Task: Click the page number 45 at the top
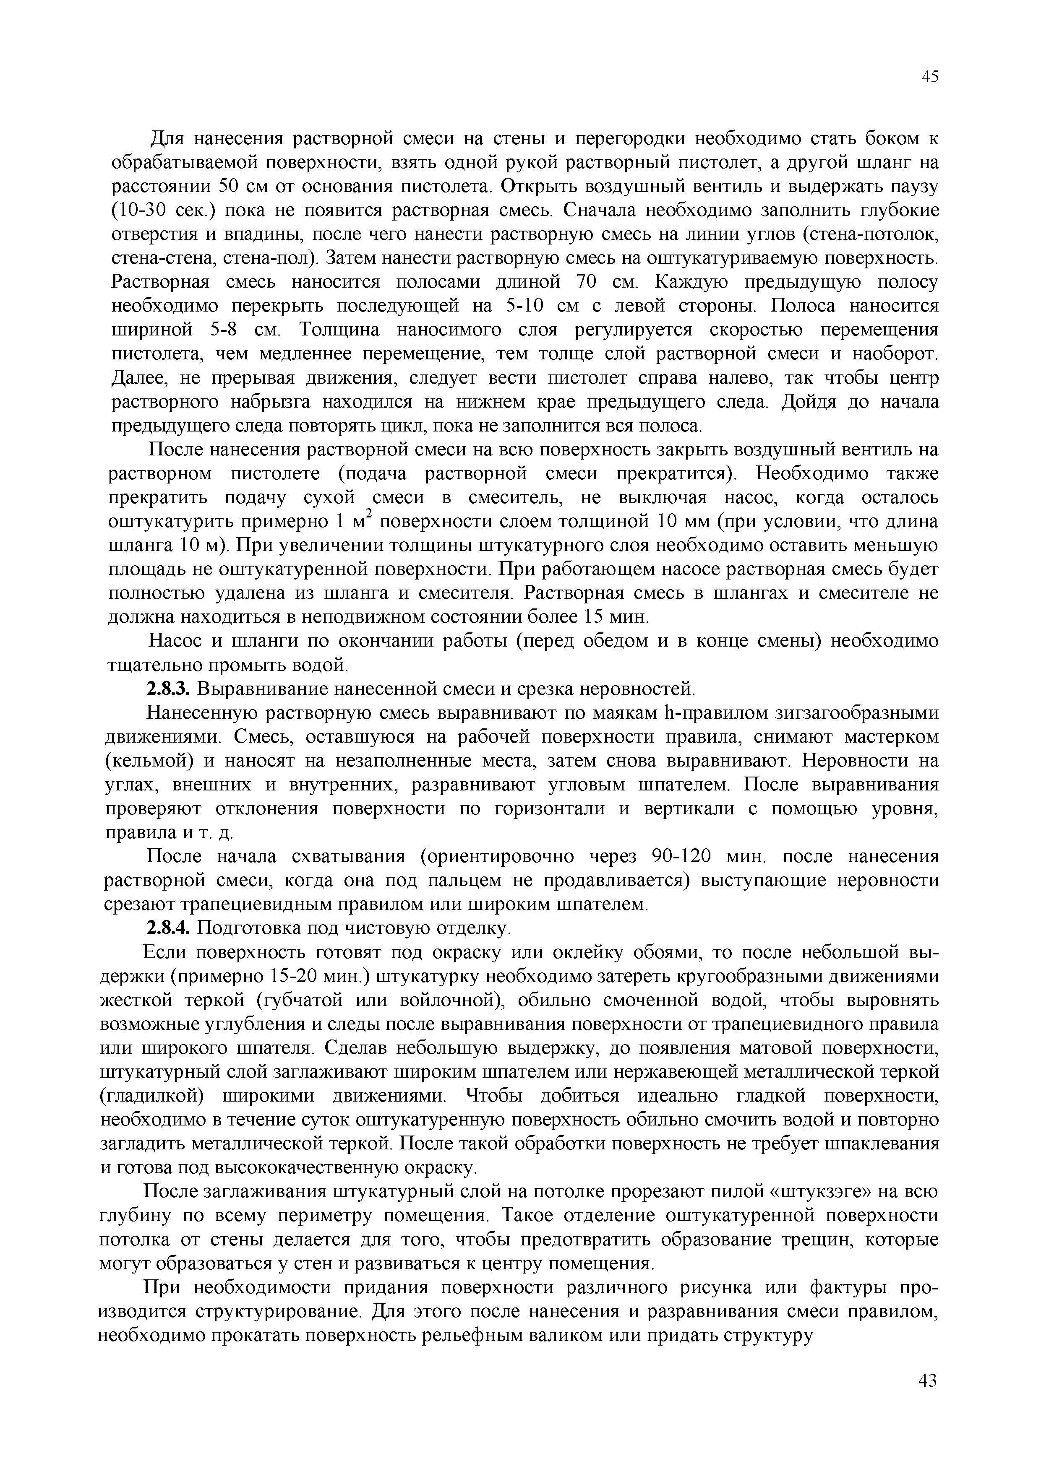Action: [x=929, y=77]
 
